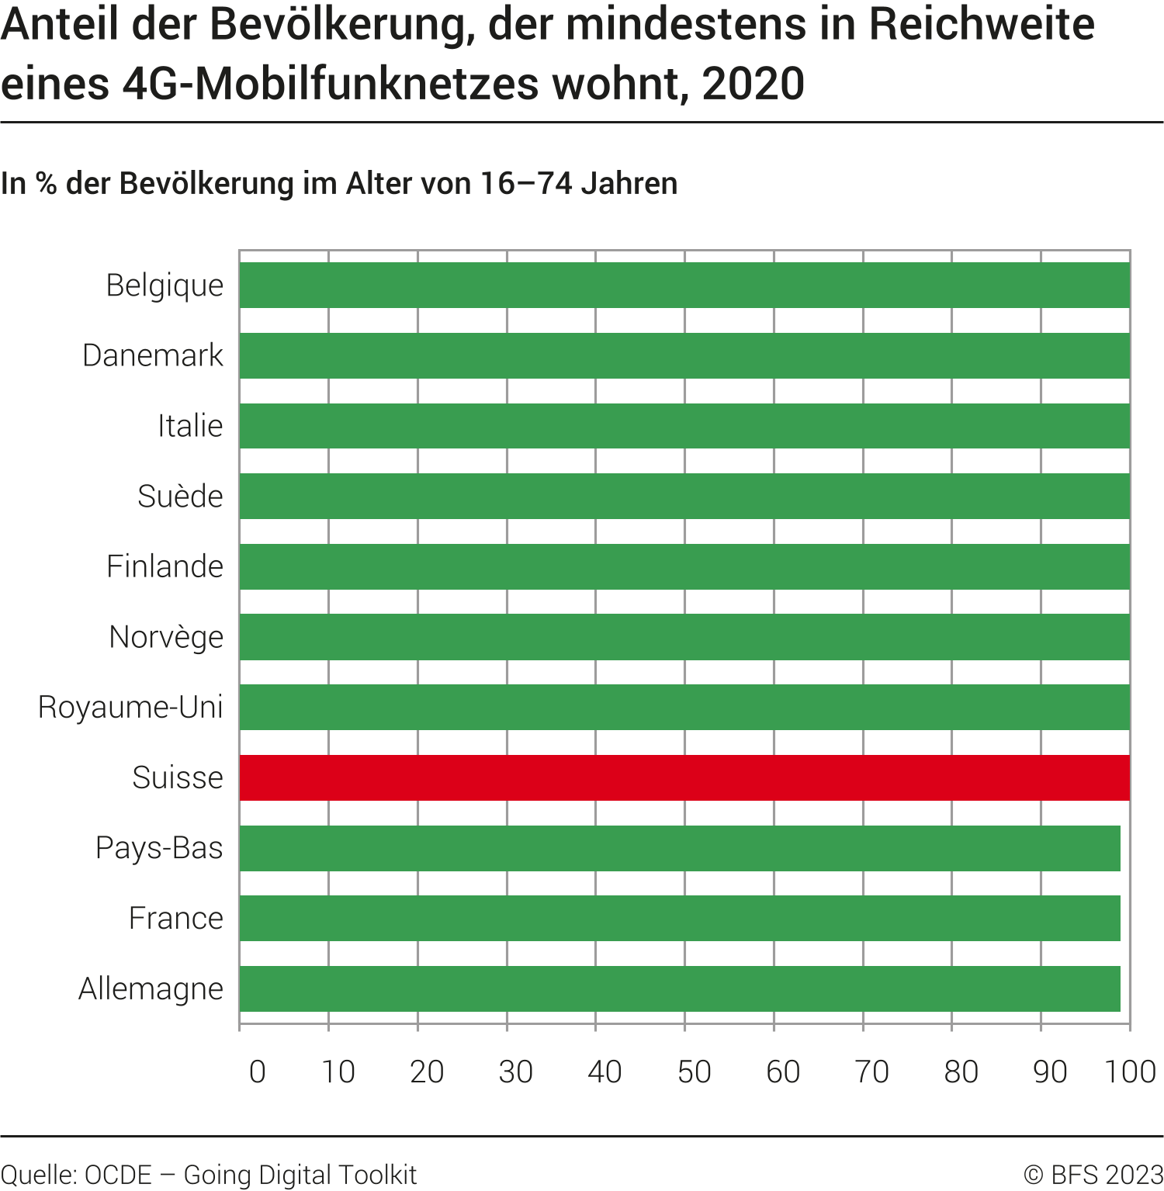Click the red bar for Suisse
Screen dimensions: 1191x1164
[684, 777]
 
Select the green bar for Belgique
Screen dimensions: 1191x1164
[684, 285]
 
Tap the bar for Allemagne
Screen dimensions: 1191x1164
[680, 988]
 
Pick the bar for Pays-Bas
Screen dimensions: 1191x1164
[680, 848]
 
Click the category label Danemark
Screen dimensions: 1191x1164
[153, 355]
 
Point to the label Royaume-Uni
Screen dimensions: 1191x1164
[130, 707]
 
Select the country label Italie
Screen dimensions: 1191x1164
[190, 426]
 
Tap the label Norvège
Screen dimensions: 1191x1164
[166, 637]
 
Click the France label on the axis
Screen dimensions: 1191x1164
[176, 918]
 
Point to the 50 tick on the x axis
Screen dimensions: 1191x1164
[694, 1072]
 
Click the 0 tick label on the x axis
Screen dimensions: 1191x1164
[258, 1072]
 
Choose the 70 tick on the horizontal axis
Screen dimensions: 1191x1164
[871, 1072]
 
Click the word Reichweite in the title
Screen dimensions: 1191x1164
[981, 25]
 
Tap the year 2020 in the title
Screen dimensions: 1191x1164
[753, 84]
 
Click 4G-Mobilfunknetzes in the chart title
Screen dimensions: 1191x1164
[331, 84]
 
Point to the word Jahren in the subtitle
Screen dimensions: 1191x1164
[629, 184]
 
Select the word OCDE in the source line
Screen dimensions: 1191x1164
[118, 1175]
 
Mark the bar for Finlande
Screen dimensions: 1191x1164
[684, 566]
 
